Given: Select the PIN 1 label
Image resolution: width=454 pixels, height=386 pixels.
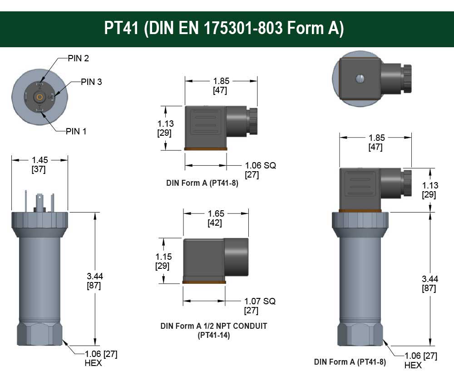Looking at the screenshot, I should click(76, 131).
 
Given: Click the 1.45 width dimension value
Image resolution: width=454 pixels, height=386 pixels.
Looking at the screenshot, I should click(39, 160).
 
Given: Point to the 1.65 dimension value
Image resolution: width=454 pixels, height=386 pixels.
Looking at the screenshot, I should click(216, 213).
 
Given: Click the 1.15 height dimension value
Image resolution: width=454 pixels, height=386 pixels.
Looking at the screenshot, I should click(163, 257).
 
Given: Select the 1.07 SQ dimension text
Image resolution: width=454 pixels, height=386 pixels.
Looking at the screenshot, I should click(260, 301).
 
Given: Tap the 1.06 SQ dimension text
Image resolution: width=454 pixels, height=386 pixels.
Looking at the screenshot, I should click(260, 165).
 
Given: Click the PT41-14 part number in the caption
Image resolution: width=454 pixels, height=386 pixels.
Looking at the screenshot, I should click(213, 336).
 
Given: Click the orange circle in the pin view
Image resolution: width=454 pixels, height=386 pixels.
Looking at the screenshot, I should click(39, 97).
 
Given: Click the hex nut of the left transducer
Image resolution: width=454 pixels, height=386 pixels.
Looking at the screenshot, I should click(39, 334).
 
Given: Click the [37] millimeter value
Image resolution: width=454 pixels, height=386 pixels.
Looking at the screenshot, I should click(39, 169).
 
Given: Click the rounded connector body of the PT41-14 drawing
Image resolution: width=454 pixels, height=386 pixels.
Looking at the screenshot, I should click(236, 257).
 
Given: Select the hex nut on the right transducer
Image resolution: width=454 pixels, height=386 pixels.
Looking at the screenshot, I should click(361, 334).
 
